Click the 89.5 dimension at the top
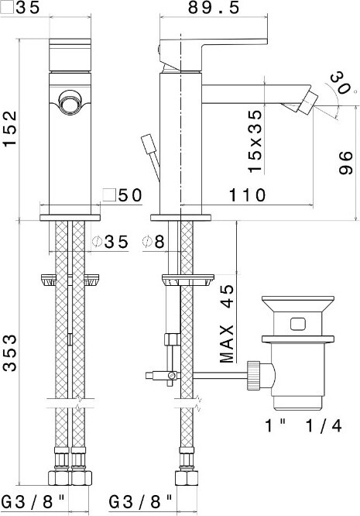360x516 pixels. tap(214, 7)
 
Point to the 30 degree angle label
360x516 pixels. tap(340, 82)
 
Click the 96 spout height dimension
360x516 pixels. tap(345, 163)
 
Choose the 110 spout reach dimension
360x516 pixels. tap(247, 194)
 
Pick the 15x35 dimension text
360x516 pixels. tap(255, 141)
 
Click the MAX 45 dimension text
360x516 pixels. tap(227, 323)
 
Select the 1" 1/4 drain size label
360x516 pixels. tap(303, 426)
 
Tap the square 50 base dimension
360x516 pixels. tap(122, 195)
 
